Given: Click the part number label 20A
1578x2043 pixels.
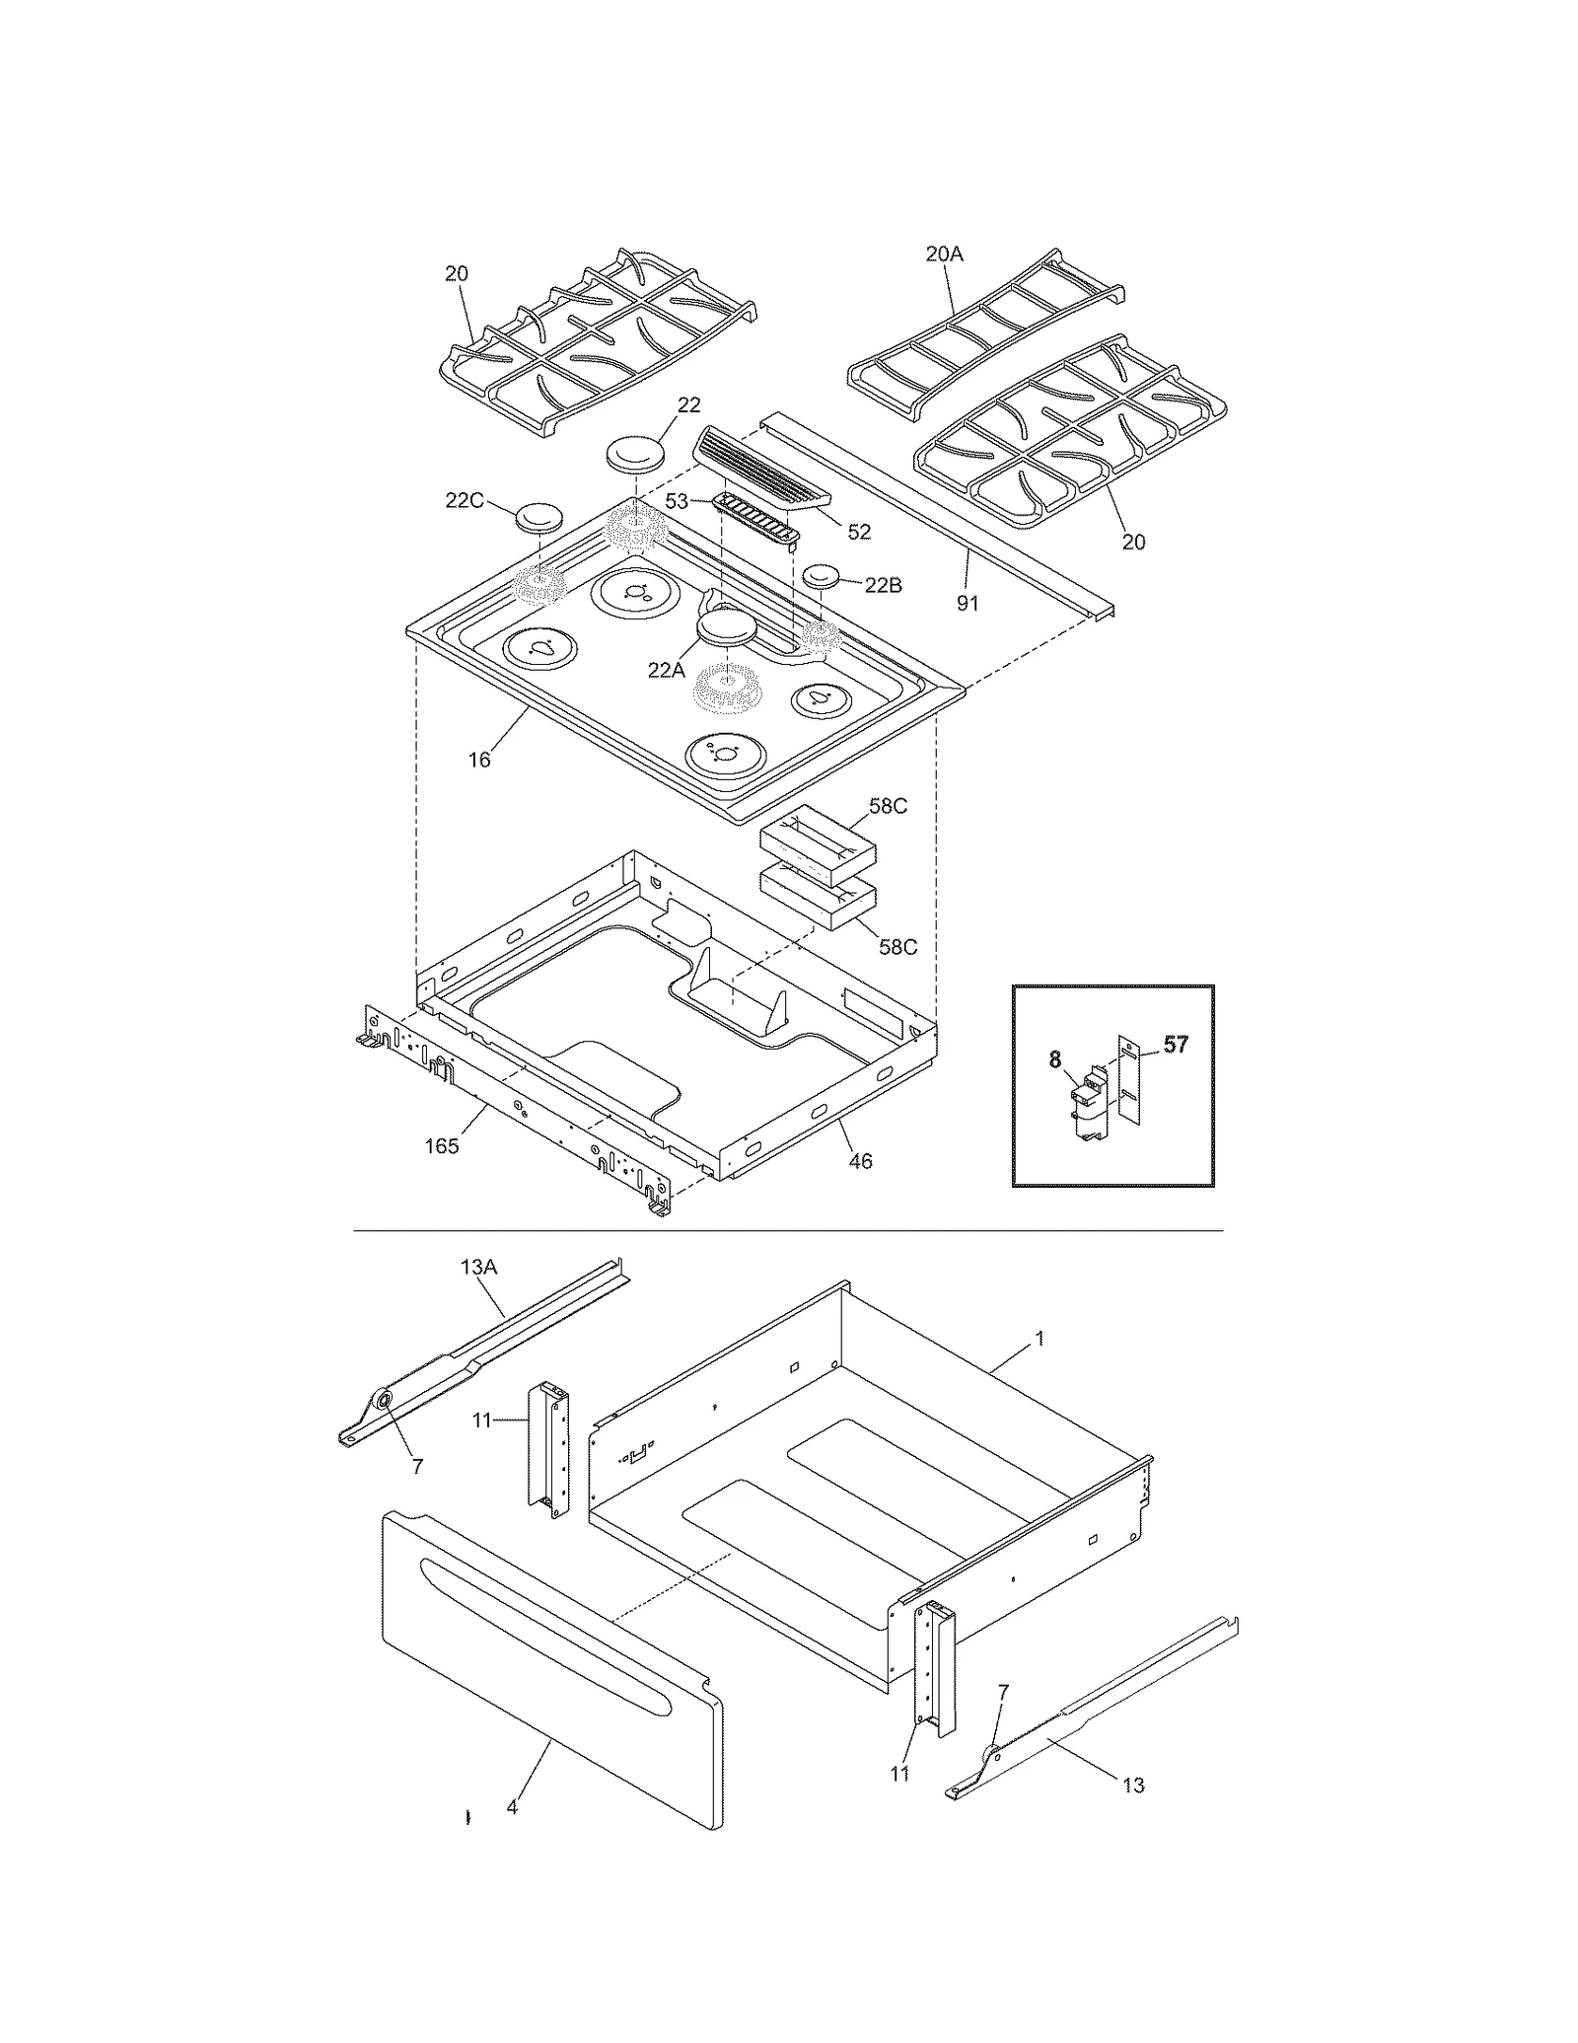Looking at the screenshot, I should point(944,255).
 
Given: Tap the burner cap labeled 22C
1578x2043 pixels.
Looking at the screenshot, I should point(538,517).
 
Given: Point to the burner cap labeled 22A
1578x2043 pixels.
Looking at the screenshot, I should point(727,628).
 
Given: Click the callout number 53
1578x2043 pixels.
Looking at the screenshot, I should point(677,502).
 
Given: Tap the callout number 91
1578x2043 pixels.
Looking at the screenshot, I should point(968,602).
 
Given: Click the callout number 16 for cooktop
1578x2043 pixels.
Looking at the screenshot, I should point(479,760).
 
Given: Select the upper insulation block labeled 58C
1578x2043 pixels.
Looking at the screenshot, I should point(818,845).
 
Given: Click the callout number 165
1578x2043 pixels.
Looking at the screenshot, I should point(442,1145).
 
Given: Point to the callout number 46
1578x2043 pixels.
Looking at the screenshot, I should point(860,1161).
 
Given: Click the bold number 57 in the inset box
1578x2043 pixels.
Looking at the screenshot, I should point(1176,1045).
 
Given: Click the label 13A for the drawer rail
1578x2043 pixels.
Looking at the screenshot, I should point(479,1268).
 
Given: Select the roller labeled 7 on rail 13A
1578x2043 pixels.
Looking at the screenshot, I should point(381,1402).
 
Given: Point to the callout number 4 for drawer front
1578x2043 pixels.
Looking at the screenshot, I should point(511,1808).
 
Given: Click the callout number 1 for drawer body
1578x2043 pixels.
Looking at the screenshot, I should point(1040,1339).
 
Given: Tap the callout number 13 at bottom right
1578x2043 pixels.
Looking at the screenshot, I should point(1133,1786).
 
